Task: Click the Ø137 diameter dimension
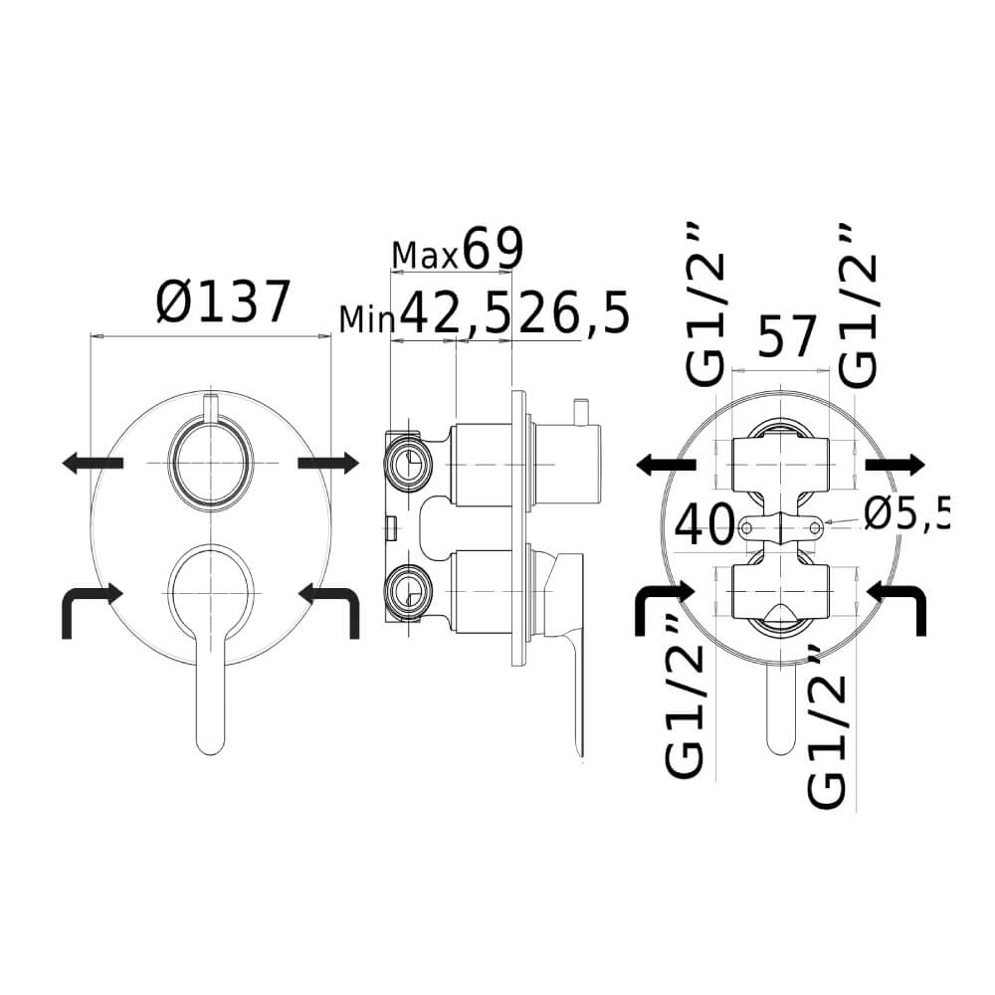223,302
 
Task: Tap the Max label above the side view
425,256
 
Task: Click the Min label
367,319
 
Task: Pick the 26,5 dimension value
573,312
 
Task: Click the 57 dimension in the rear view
786,336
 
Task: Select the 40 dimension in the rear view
703,525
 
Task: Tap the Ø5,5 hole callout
907,514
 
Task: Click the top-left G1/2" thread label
705,305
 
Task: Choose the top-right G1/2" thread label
858,305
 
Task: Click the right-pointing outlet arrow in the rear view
895,465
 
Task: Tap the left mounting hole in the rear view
747,526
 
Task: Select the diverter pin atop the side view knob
581,413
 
